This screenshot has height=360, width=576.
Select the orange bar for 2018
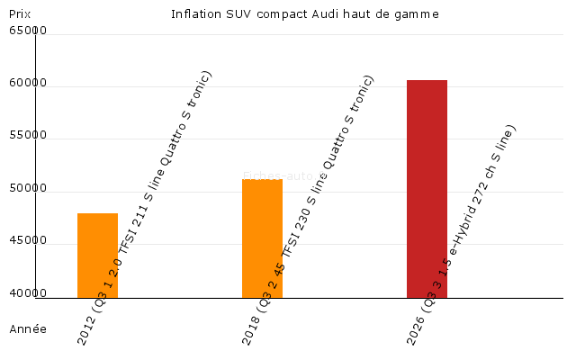262,238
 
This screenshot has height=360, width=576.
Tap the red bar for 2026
427,188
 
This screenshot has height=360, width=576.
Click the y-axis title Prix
19,14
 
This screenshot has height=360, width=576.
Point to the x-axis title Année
27,329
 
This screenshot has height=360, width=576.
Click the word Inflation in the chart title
194,14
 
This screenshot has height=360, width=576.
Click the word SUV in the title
235,14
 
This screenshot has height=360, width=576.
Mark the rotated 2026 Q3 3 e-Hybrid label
463,234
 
